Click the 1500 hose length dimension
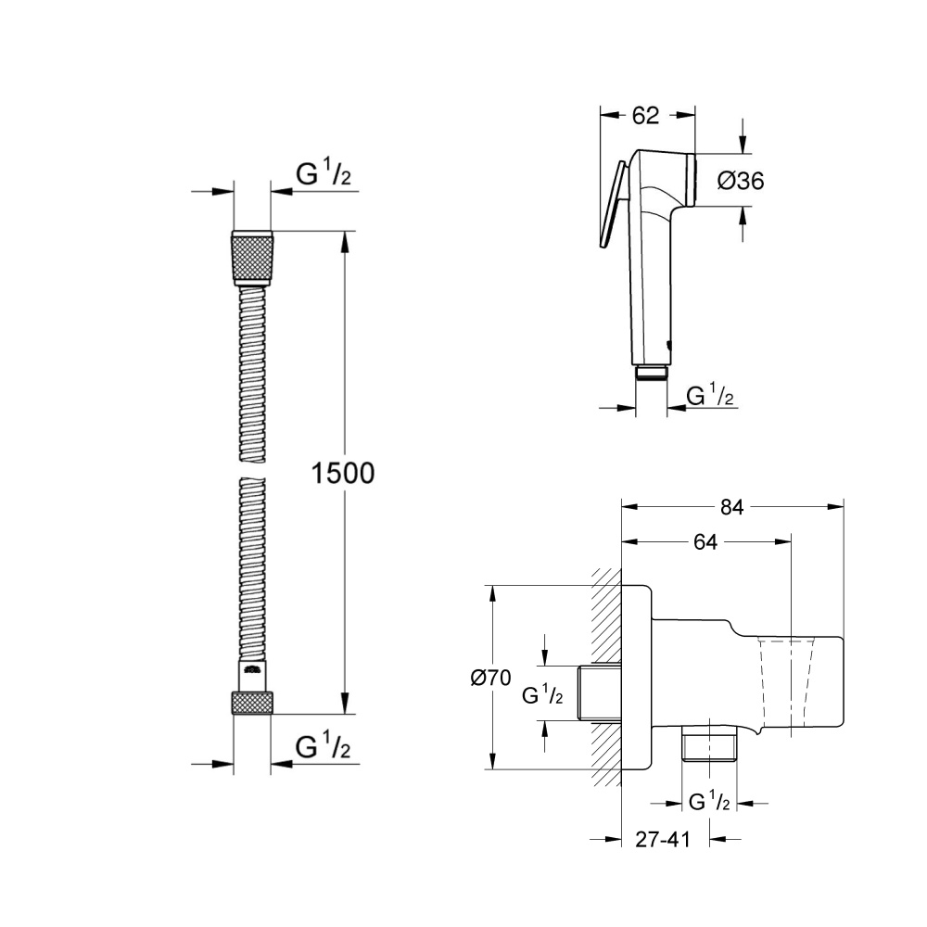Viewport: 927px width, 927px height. click(344, 474)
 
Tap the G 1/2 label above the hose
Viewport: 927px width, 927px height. click(323, 174)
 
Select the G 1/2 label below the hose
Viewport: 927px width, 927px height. click(323, 746)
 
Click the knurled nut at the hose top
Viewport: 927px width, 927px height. click(251, 257)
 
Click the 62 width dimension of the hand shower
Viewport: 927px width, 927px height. click(645, 116)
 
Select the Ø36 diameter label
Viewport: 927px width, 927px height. click(741, 181)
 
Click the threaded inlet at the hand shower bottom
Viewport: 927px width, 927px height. click(653, 372)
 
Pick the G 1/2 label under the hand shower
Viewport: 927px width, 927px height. click(710, 398)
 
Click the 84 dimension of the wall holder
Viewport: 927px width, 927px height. click(732, 506)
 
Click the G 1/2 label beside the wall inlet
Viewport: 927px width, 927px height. click(542, 695)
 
